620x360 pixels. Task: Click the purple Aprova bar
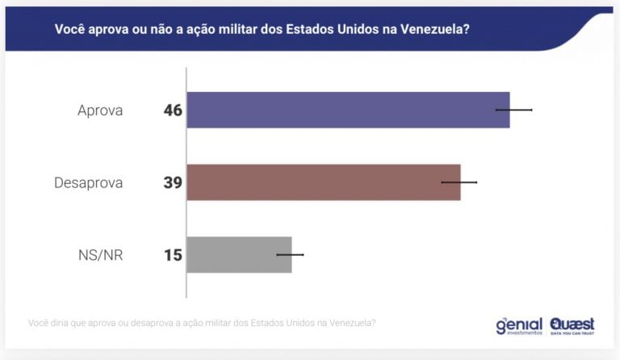pyautogui.click(x=347, y=110)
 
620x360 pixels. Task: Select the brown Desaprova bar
pyautogui.click(x=323, y=182)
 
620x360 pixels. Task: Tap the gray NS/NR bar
pyautogui.click(x=239, y=255)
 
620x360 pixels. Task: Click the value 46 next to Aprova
pyautogui.click(x=173, y=111)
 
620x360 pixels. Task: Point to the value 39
pyautogui.click(x=173, y=183)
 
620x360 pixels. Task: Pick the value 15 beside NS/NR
pyautogui.click(x=173, y=256)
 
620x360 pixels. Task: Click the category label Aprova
pyautogui.click(x=100, y=111)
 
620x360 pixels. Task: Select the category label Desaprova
pyautogui.click(x=89, y=183)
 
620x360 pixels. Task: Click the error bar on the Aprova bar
pyautogui.click(x=514, y=109)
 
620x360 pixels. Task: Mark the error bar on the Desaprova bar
pyautogui.click(x=459, y=182)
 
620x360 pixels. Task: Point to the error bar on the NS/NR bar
pyautogui.click(x=290, y=254)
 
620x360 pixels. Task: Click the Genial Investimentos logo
pyautogui.click(x=519, y=325)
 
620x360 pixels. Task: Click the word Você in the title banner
pyautogui.click(x=70, y=29)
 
